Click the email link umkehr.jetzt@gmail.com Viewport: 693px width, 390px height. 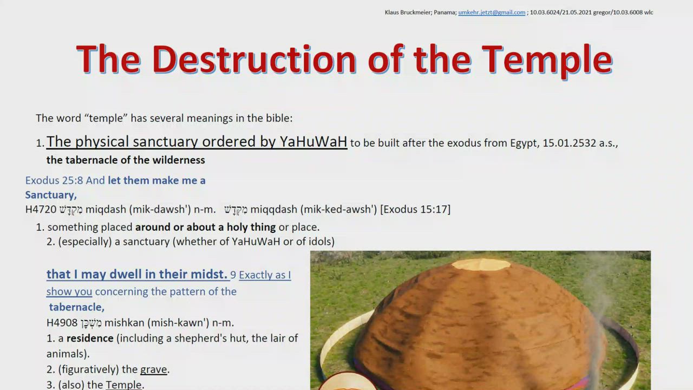coord(492,12)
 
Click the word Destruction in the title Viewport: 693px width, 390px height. coord(254,59)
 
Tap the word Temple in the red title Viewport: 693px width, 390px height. coord(547,61)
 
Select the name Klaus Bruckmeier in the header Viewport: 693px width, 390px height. coord(408,12)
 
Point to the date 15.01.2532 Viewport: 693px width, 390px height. coord(569,143)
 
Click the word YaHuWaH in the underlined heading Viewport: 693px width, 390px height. coord(313,141)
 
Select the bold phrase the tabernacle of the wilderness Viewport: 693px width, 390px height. coord(126,160)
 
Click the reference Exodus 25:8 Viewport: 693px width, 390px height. coord(54,180)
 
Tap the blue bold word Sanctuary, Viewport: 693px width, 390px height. coord(51,195)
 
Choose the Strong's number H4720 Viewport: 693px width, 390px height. coord(41,210)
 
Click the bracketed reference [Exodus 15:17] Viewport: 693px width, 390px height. coord(415,210)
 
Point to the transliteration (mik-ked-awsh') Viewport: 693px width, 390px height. coord(339,210)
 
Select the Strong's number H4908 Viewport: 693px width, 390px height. coord(62,323)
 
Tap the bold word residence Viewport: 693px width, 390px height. coord(90,339)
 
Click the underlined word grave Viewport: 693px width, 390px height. coord(153,369)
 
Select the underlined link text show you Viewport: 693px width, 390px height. coord(69,291)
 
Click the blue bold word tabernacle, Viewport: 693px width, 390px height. coord(77,307)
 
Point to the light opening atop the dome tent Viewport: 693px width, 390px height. coord(481,264)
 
